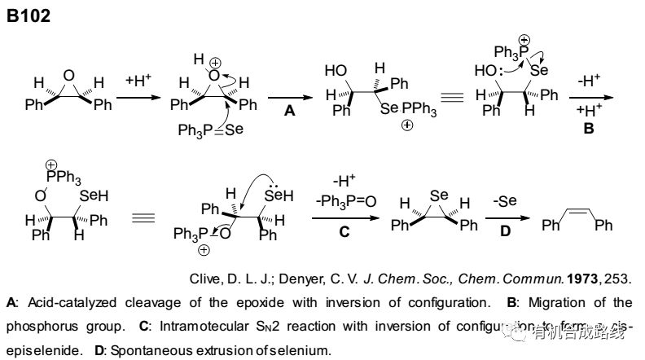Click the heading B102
(x=29, y=15)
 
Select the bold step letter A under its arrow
(x=289, y=112)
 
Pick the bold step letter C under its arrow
(x=344, y=231)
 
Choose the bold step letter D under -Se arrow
(x=504, y=233)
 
